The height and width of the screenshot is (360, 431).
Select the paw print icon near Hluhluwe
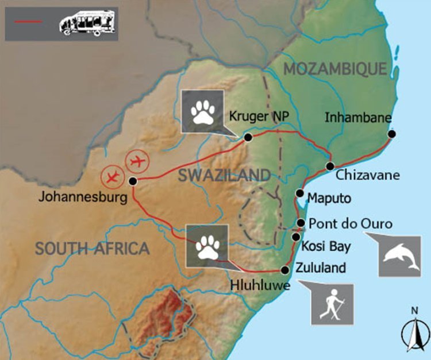click(207, 245)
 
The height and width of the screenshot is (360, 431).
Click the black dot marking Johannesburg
click(133, 181)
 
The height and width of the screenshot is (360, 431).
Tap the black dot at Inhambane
click(391, 134)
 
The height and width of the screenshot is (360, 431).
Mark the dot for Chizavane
click(329, 166)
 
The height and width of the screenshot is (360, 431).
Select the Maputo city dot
click(299, 193)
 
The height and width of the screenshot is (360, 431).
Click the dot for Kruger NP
click(248, 138)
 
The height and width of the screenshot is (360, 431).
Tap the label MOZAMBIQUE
click(335, 69)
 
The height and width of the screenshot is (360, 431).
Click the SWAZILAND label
click(224, 175)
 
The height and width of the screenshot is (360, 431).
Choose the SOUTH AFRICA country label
click(92, 249)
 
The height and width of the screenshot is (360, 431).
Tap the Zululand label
click(321, 267)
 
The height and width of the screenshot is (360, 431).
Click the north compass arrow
click(414, 330)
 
